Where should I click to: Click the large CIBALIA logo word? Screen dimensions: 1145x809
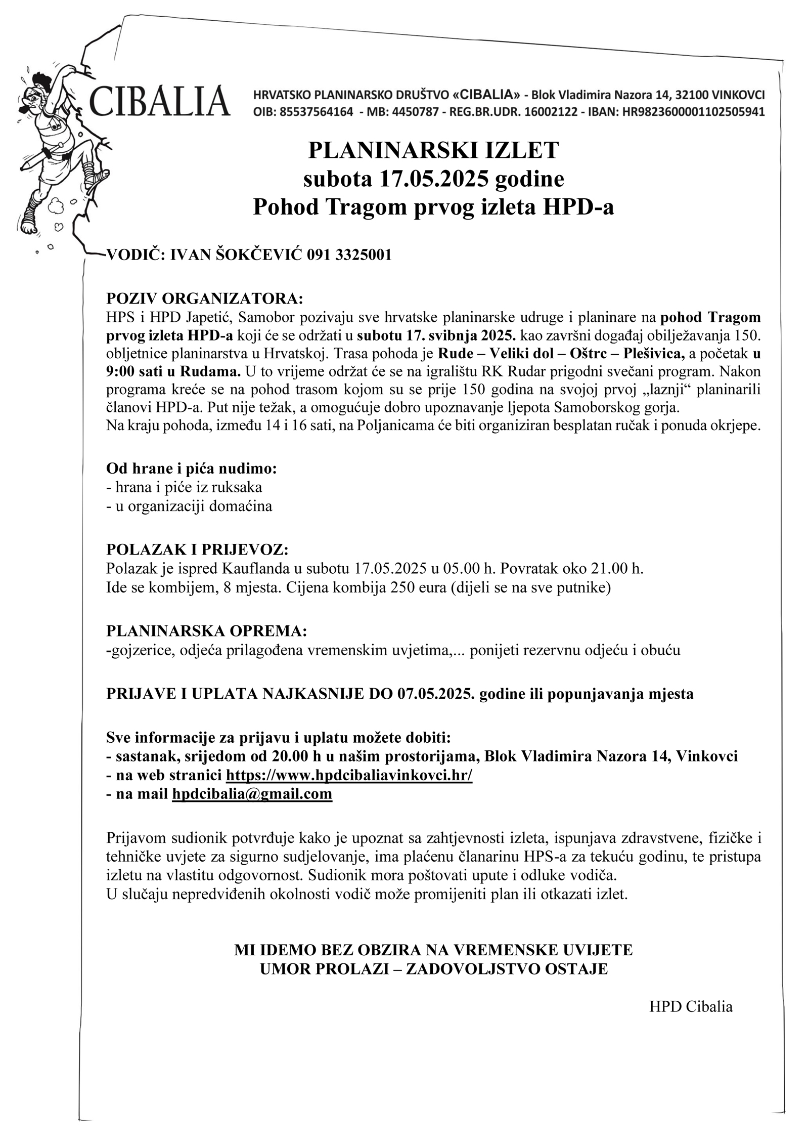159,101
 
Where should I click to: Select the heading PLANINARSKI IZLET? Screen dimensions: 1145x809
433,150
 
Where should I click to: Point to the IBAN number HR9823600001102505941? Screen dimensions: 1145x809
694,112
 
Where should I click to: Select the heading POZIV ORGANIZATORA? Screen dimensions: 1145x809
204,298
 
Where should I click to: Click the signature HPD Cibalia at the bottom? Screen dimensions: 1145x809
691,1006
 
